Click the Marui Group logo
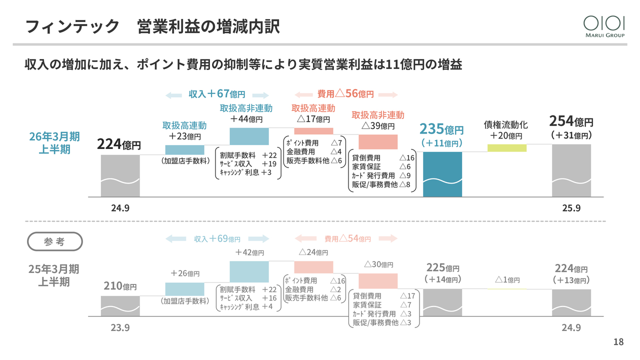click(604, 25)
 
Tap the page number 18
click(618, 342)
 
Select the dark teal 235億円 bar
click(442, 174)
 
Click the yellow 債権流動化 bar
click(506, 147)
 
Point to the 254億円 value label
click(571, 121)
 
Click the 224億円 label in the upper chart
click(118, 145)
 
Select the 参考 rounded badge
click(54, 241)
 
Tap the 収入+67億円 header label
click(217, 94)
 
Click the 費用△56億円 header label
click(345, 93)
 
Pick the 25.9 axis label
click(571, 208)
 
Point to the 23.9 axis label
click(120, 328)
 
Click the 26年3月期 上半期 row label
click(54, 142)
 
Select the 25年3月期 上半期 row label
click(54, 275)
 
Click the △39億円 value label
click(377, 125)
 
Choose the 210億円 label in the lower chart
click(120, 286)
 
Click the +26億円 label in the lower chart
click(184, 273)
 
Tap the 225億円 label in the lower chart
click(442, 268)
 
